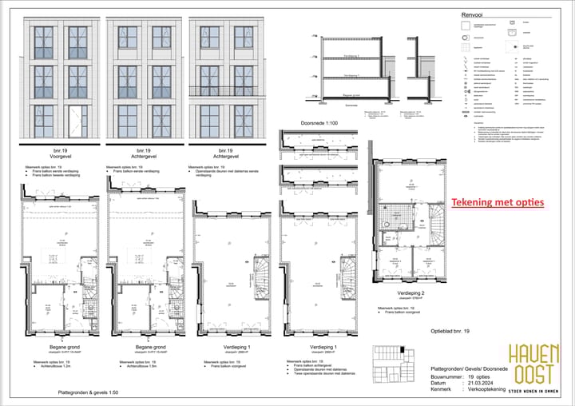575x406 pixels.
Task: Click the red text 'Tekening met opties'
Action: [x=498, y=203]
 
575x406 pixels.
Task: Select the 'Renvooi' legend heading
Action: [x=472, y=14]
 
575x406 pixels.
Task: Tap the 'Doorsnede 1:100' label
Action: [x=321, y=123]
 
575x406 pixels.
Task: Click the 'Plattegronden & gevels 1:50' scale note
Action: [x=87, y=394]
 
